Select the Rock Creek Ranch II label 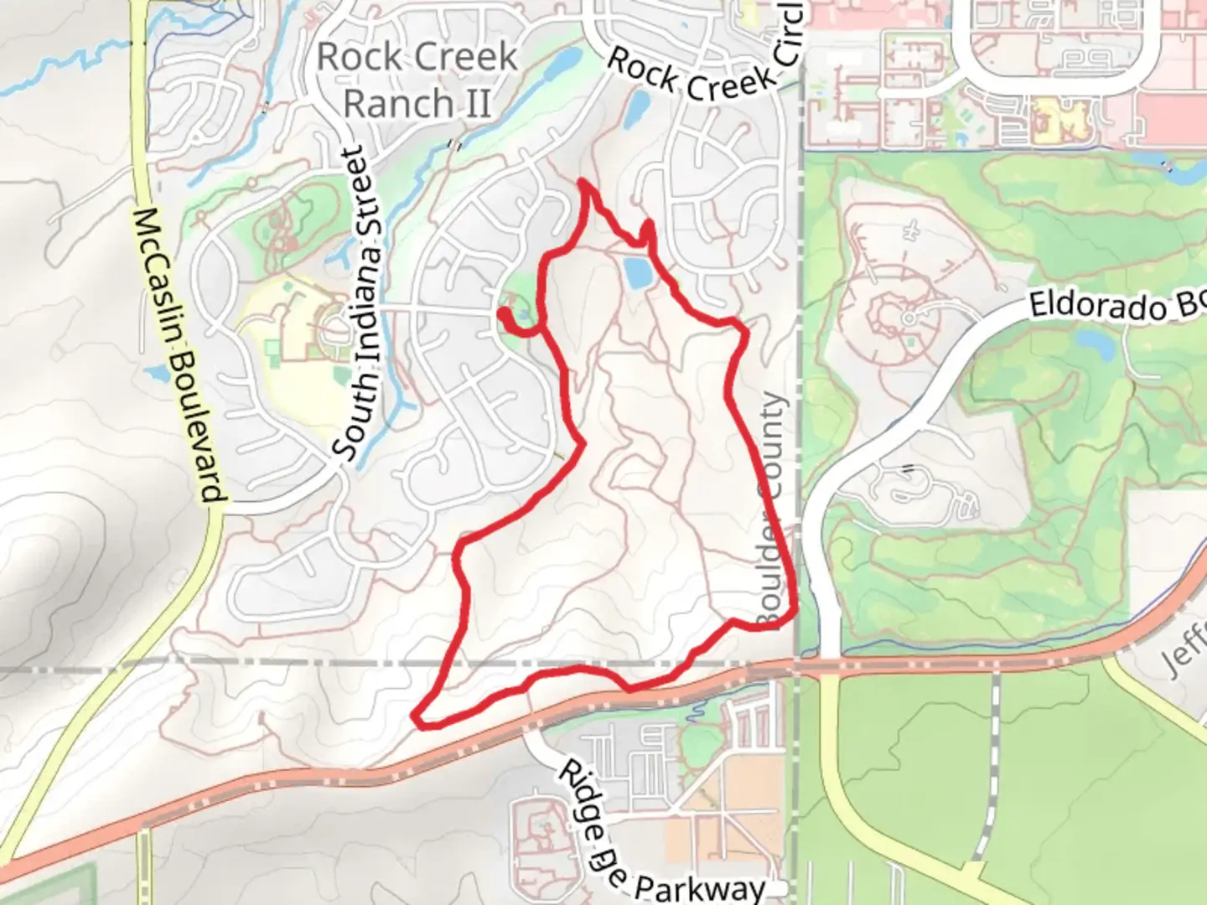point(417,80)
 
